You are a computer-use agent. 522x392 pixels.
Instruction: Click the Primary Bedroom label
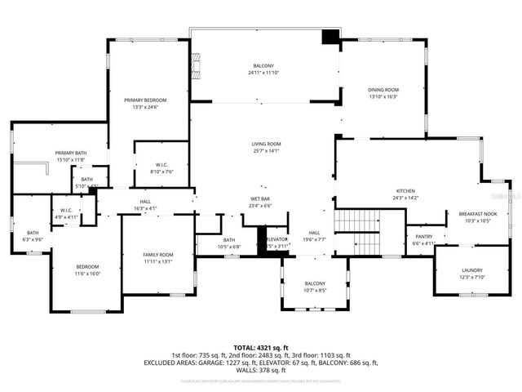tap(145, 100)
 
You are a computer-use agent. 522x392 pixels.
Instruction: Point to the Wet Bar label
tap(261, 199)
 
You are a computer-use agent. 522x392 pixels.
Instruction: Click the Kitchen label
tap(405, 190)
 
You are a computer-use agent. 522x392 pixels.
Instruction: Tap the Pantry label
tap(424, 236)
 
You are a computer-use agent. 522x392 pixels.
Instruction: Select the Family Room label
tap(158, 255)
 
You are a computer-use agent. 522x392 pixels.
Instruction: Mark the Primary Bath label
tap(69, 153)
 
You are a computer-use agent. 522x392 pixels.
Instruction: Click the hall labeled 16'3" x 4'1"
tap(144, 202)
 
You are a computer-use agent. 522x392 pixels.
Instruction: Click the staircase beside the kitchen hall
tap(359, 231)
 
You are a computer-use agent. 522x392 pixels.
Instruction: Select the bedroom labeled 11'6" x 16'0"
tap(87, 267)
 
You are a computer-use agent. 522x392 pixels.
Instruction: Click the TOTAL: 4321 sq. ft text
tap(261, 347)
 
